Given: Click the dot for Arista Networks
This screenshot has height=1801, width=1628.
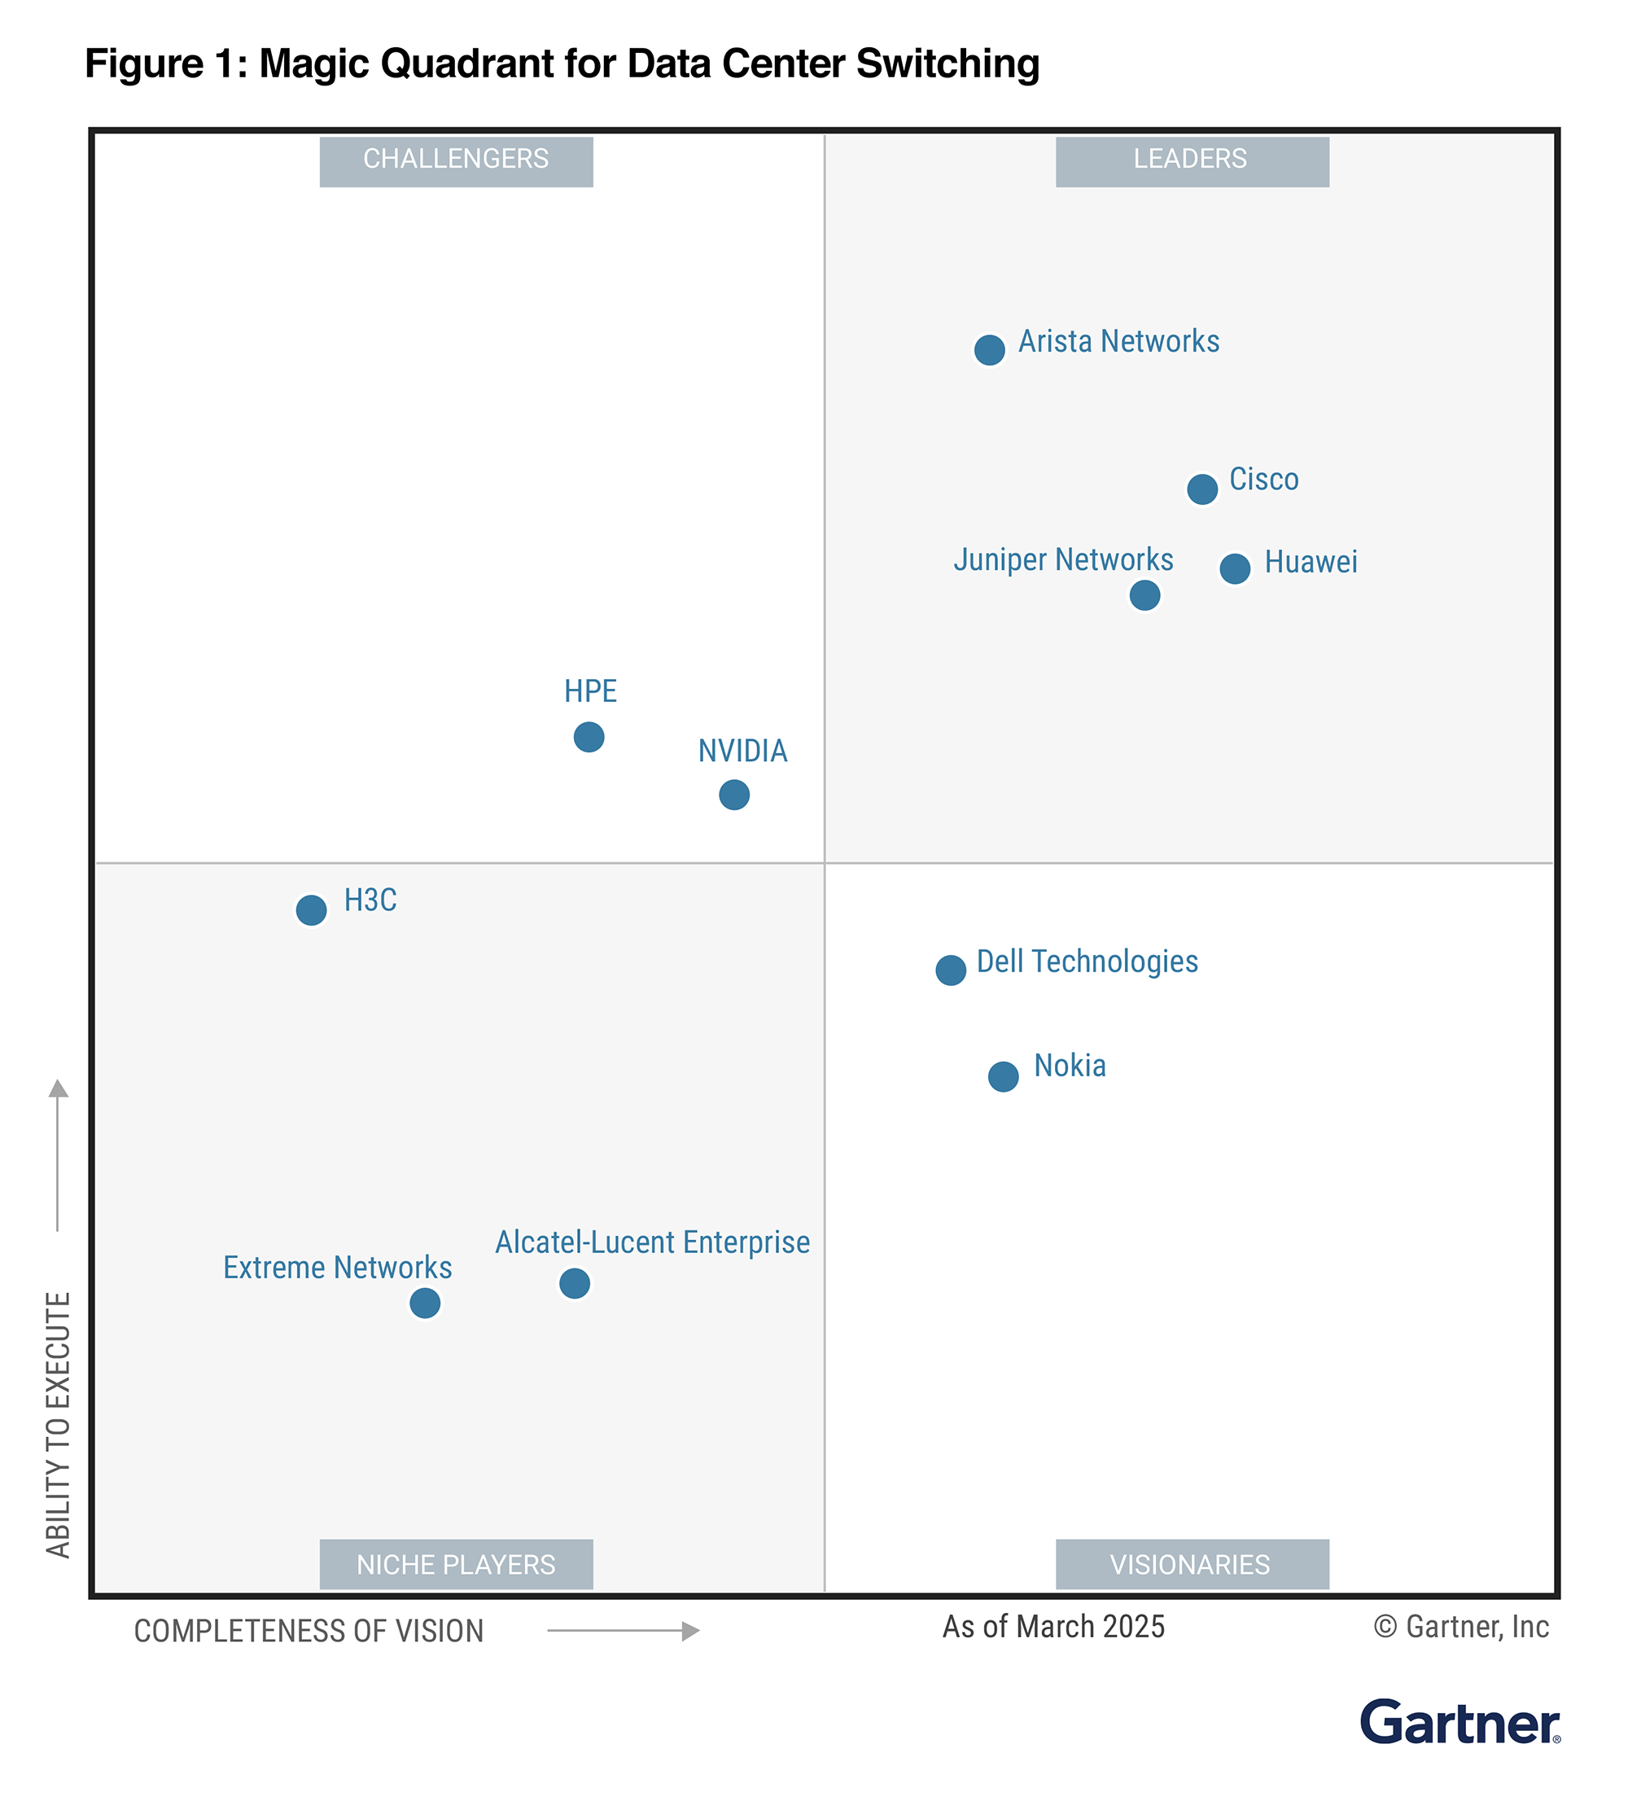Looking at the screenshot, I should pyautogui.click(x=988, y=349).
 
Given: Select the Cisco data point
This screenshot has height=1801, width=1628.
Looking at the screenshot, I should pyautogui.click(x=1201, y=489).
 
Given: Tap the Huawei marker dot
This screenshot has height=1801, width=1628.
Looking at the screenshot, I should pyautogui.click(x=1234, y=568).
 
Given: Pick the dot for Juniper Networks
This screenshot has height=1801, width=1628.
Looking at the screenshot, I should pyautogui.click(x=1144, y=595).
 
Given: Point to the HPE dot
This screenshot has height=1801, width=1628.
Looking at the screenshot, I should pyautogui.click(x=589, y=737).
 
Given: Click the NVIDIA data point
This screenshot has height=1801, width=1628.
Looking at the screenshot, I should pyautogui.click(x=734, y=794).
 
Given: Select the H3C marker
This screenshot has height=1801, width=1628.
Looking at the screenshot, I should pyautogui.click(x=311, y=910).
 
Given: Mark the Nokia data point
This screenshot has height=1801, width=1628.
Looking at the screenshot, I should pyautogui.click(x=1003, y=1076).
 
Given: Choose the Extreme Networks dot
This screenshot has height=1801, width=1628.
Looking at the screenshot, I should pyautogui.click(x=425, y=1304).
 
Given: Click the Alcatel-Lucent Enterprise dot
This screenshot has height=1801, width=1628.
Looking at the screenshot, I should pyautogui.click(x=574, y=1284).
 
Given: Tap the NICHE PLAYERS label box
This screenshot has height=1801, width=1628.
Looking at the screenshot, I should pyautogui.click(x=456, y=1564).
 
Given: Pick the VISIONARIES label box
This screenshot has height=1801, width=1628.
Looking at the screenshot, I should pyautogui.click(x=1192, y=1564).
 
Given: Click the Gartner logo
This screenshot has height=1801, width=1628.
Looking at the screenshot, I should pyautogui.click(x=1460, y=1722).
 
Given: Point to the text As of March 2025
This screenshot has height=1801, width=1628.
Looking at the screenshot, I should pyautogui.click(x=1053, y=1627).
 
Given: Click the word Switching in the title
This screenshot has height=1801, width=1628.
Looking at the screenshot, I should pyautogui.click(x=947, y=64).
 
